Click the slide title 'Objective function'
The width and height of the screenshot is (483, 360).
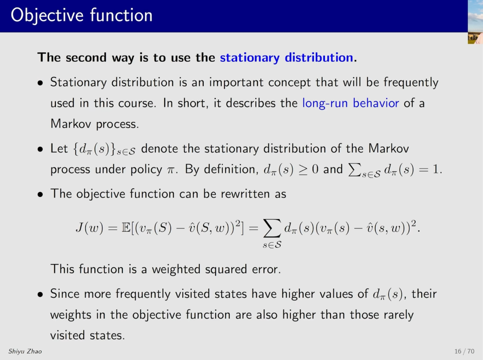click(82, 15)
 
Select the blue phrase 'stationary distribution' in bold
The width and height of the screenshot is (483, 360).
click(286, 58)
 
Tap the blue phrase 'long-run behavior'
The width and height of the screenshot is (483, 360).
click(351, 103)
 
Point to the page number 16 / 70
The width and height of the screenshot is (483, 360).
click(464, 351)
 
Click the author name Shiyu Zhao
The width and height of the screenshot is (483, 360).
click(25, 351)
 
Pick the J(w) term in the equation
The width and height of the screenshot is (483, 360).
click(89, 228)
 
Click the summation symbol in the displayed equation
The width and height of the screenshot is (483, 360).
click(271, 228)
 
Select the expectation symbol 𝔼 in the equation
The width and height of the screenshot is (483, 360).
click(126, 228)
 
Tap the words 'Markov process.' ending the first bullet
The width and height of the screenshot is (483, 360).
click(94, 124)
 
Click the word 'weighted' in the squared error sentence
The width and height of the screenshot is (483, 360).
click(176, 269)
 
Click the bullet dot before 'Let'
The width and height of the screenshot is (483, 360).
click(40, 149)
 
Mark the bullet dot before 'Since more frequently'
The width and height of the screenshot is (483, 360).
click(40, 295)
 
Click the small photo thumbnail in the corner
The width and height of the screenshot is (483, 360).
click(475, 22)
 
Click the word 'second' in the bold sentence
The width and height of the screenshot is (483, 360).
click(86, 58)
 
